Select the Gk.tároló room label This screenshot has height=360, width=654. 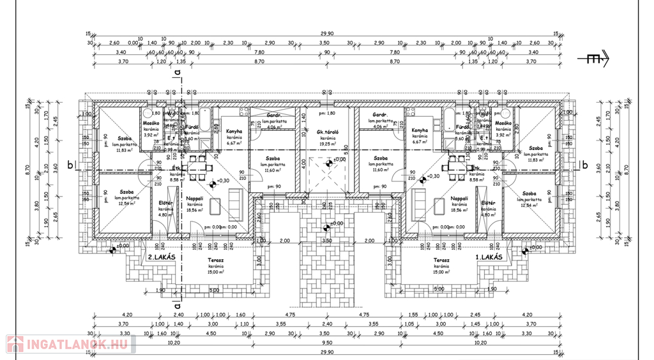328,132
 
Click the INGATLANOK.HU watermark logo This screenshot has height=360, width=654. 70,345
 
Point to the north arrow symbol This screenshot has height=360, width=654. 594,59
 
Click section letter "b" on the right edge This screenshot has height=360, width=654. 584,165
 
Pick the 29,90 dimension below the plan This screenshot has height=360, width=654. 327,352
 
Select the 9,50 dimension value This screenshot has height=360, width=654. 327,343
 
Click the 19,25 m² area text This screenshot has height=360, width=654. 328,144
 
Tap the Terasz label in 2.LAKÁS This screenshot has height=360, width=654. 216,260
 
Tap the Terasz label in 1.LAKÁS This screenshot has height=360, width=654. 441,260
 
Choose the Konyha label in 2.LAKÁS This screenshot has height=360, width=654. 234,131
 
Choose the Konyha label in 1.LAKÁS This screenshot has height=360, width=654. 420,131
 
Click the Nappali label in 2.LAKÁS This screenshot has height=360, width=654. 195,199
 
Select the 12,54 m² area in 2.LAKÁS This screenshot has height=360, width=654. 126,204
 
